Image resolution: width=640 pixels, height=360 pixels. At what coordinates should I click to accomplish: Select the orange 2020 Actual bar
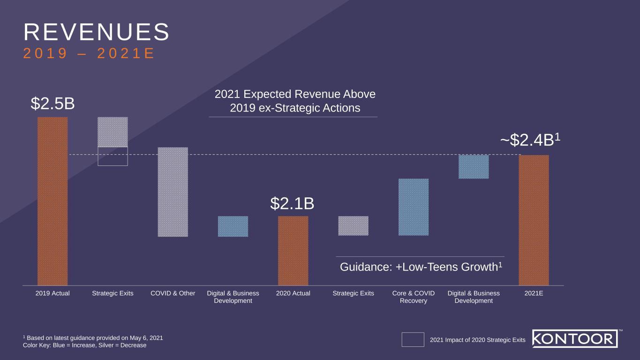coord(293,250)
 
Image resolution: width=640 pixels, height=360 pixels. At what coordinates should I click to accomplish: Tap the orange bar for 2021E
coord(534,220)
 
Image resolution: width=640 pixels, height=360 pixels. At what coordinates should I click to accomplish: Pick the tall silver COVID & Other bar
coord(173,192)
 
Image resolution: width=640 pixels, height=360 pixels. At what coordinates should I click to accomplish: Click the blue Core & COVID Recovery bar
coord(414,207)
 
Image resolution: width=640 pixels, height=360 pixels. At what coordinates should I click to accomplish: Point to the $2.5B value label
coord(53,104)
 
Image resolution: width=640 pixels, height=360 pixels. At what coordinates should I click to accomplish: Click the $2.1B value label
coord(292,204)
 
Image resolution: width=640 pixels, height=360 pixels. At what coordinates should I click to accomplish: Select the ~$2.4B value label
coord(530,140)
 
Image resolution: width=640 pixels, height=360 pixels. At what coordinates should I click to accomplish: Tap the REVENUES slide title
coord(96,32)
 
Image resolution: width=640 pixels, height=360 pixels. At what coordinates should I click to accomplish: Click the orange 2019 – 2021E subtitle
coord(89,54)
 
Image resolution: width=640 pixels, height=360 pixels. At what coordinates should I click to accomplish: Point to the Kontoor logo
coord(575,338)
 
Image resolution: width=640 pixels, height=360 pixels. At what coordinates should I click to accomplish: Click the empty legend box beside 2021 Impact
coord(413,340)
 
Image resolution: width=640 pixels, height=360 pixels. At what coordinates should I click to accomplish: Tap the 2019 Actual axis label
coord(53,293)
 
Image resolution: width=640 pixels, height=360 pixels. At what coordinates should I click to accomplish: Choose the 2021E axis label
coord(534,293)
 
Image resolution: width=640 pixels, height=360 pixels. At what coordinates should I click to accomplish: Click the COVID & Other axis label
coord(173,293)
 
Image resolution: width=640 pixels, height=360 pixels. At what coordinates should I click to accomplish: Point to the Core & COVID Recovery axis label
coord(414,297)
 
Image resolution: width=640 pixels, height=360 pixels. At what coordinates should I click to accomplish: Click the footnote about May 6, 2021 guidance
coord(93,337)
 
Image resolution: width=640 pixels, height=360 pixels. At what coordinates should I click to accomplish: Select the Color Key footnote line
coord(84,345)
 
